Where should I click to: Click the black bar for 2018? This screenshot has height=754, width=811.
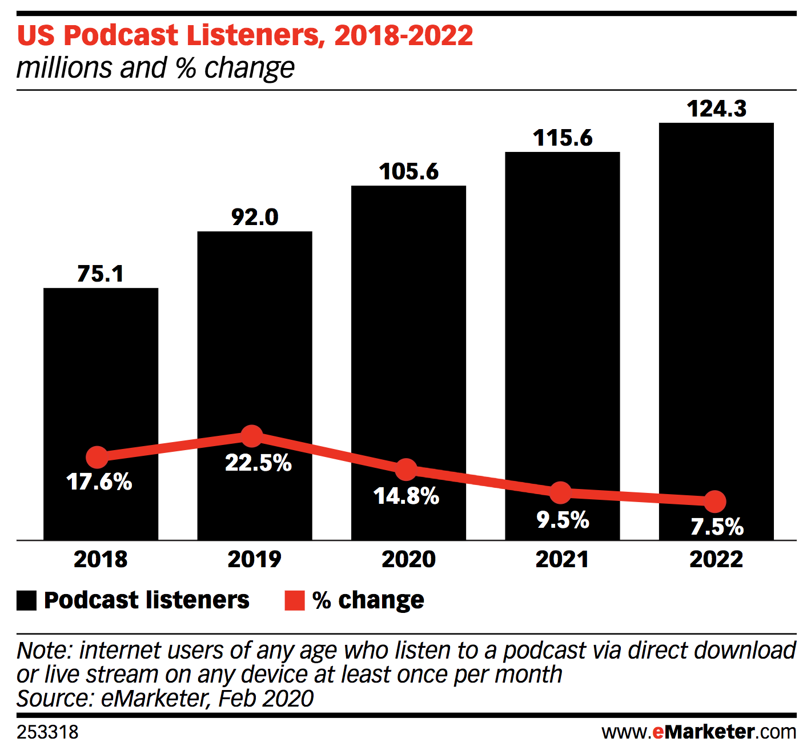(101, 371)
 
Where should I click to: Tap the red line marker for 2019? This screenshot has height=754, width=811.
(251, 436)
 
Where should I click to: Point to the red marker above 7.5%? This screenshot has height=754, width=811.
(714, 502)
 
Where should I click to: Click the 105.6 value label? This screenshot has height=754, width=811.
(409, 171)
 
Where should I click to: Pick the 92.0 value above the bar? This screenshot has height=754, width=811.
(255, 217)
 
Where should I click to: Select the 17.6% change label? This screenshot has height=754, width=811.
(99, 482)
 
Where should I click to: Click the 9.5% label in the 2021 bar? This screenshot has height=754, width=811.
(563, 520)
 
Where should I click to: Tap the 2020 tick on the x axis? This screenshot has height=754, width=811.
(408, 559)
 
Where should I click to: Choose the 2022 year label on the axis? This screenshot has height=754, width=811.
(716, 559)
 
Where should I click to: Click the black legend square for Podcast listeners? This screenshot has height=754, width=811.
(27, 600)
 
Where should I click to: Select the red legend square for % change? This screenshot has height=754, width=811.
(295, 600)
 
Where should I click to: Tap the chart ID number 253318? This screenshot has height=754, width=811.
(47, 732)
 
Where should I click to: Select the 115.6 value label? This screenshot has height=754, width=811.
(563, 138)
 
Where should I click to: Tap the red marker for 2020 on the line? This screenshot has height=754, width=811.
(406, 470)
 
